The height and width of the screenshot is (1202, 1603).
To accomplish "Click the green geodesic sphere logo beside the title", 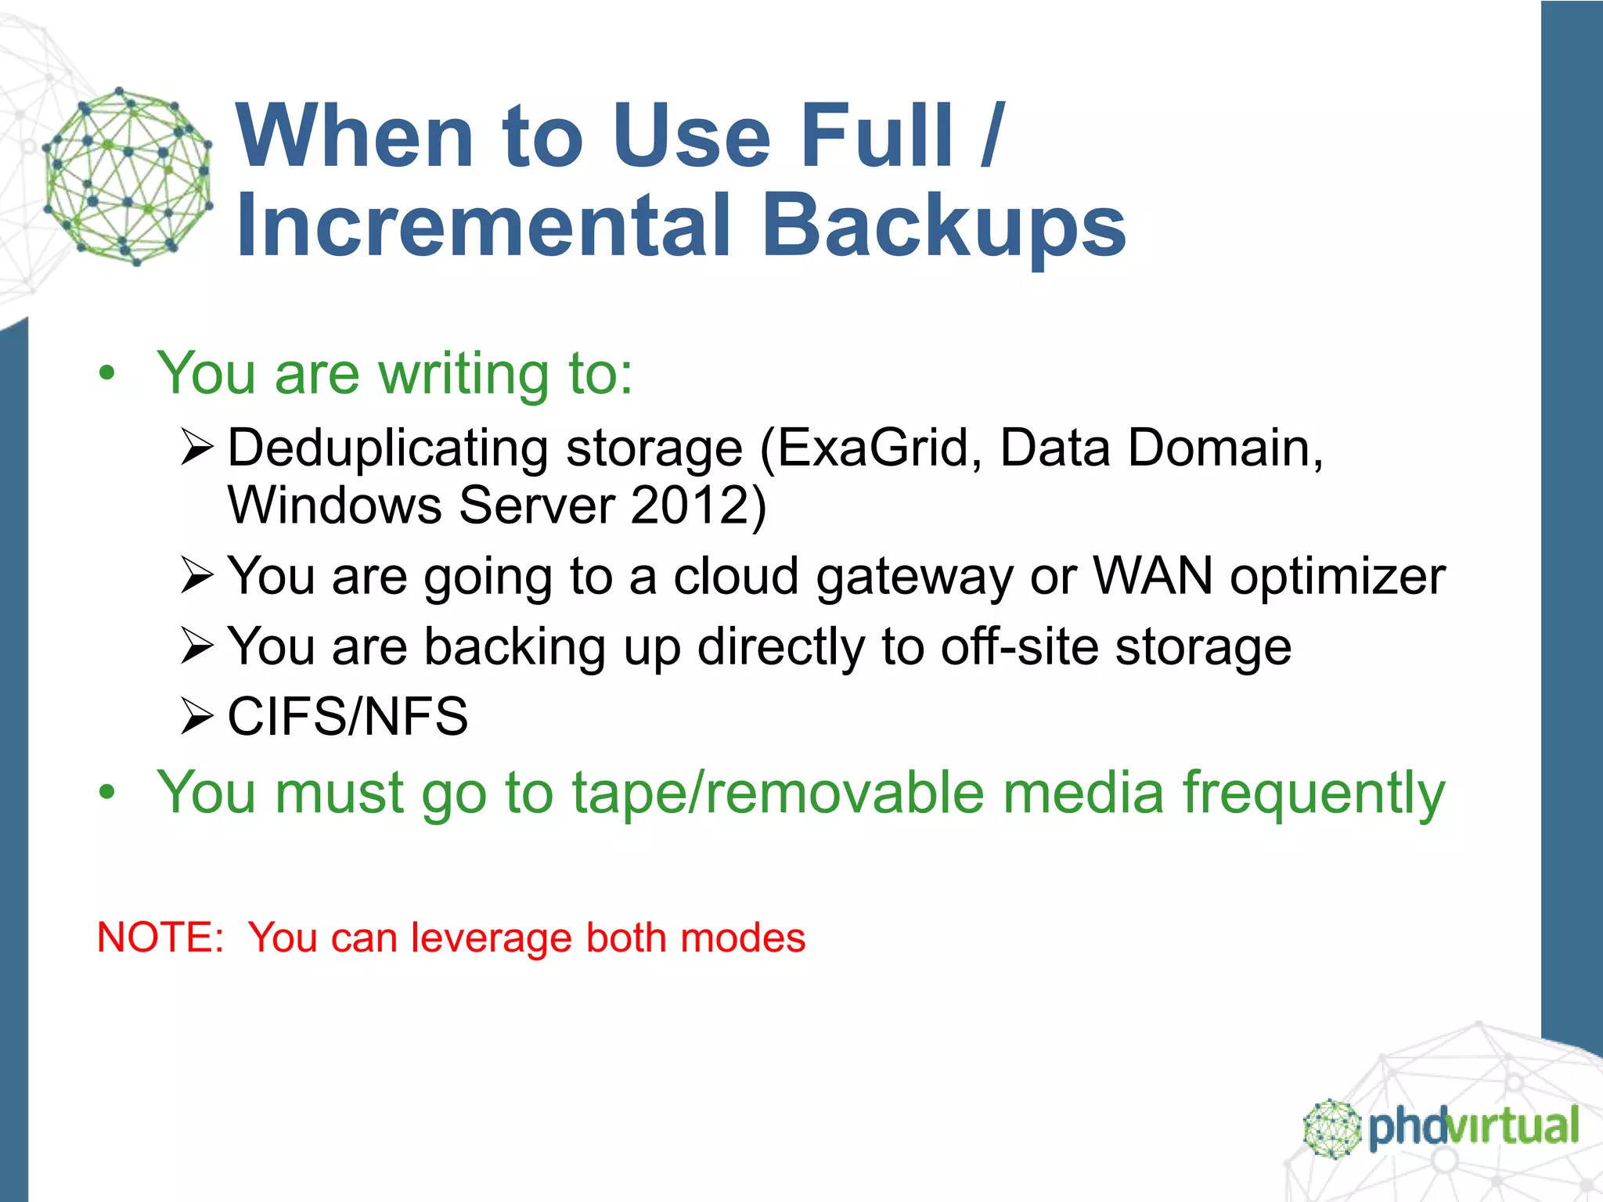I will [128, 176].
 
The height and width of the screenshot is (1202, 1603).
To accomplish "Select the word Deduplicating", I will [387, 448].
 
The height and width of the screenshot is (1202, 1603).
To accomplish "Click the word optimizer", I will [1337, 578].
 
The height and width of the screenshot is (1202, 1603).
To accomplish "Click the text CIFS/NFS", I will [348, 716].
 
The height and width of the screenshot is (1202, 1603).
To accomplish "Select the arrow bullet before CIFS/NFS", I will [196, 716].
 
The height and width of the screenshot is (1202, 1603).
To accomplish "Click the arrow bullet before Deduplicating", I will [196, 448].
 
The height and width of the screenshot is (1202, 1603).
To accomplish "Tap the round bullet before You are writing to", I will [106, 374].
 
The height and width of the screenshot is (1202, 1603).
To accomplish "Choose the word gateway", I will [913, 578].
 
